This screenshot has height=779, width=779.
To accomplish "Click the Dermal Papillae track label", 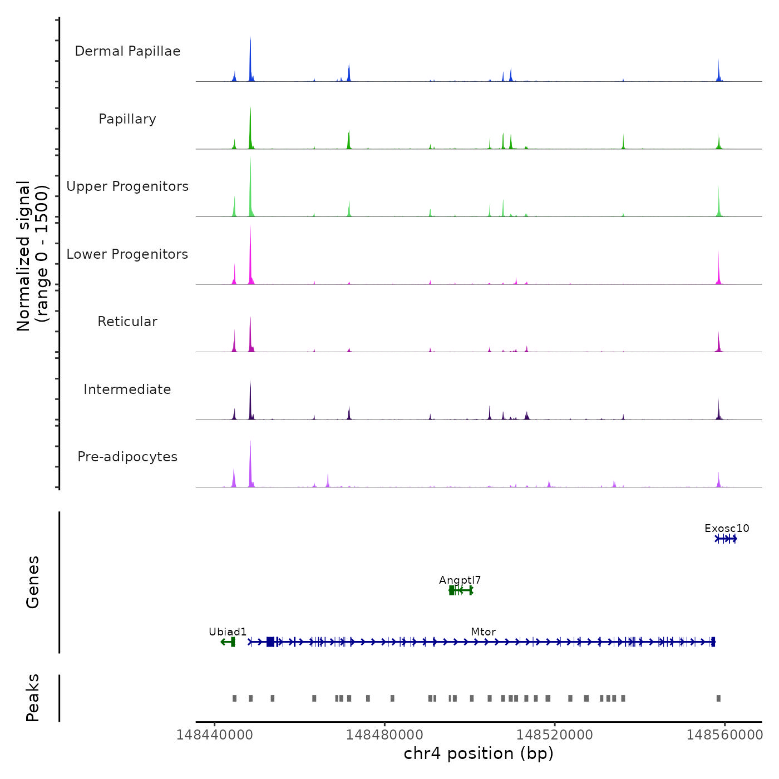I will (x=127, y=51).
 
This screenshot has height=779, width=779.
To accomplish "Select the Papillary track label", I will (x=127, y=119).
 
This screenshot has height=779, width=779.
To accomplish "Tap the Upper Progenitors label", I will (x=127, y=186).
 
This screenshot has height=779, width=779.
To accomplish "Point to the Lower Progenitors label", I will (x=127, y=254).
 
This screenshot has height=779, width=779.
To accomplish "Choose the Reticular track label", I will (x=127, y=322).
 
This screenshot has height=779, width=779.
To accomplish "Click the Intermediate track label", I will (x=127, y=389).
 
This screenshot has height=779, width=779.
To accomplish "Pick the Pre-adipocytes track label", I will (x=127, y=457).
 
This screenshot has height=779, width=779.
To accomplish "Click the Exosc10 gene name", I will (x=727, y=529).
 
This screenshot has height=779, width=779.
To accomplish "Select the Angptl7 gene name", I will (x=460, y=580).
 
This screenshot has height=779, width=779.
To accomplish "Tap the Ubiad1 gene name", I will (x=228, y=632).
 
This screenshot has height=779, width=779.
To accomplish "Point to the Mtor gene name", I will (x=483, y=632).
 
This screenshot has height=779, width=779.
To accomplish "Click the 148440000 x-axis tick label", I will (x=214, y=735).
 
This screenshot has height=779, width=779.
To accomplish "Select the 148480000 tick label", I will (x=384, y=735).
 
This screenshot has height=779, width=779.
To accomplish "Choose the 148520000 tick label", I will (x=555, y=735).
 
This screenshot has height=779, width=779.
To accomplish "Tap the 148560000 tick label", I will (x=724, y=735).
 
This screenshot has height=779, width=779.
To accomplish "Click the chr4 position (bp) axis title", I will (x=479, y=753).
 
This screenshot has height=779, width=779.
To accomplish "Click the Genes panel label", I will (x=33, y=582).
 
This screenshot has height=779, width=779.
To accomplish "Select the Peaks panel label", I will (x=33, y=698).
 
